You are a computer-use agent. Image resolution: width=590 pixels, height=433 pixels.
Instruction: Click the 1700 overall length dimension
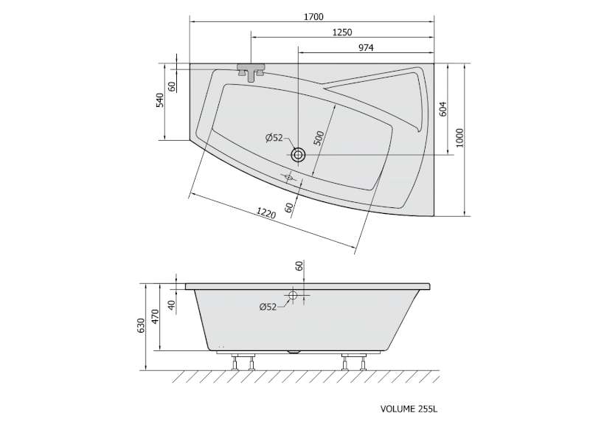pyautogui.click(x=313, y=16)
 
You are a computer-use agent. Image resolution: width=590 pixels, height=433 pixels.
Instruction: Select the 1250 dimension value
pyautogui.click(x=342, y=32)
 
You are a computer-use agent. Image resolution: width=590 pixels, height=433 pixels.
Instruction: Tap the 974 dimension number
pyautogui.click(x=366, y=48)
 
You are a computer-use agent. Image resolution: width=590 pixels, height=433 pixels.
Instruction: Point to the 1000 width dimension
pyautogui.click(x=459, y=138)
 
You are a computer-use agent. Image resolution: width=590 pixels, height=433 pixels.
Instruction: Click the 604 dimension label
pyautogui.click(x=443, y=108)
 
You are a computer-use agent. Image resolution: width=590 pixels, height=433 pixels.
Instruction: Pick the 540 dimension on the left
pyautogui.click(x=160, y=100)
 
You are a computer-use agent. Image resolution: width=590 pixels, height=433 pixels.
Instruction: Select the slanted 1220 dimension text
pyautogui.click(x=266, y=213)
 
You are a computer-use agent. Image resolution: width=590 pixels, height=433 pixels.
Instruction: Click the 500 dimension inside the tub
pyautogui.click(x=319, y=138)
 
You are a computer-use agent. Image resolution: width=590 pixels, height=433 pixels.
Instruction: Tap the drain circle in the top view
pyautogui.click(x=298, y=154)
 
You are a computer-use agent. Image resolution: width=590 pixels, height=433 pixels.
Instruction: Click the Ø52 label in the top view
pyautogui.click(x=274, y=138)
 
